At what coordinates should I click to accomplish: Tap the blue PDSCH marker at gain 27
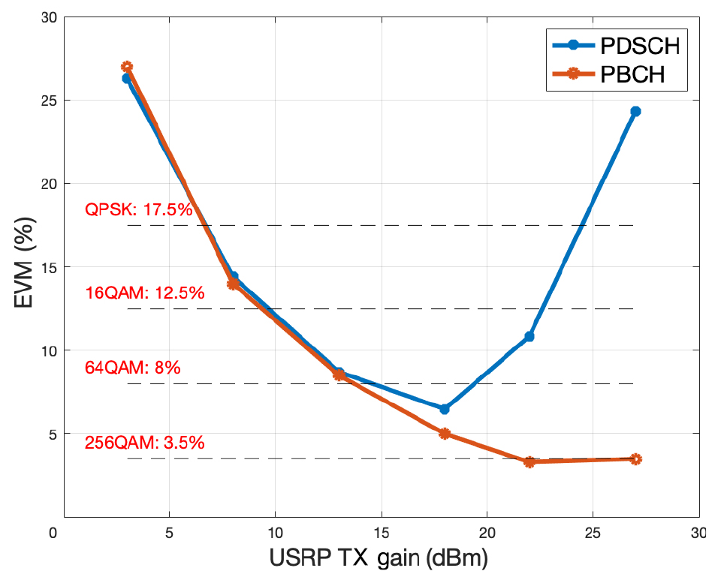(635, 111)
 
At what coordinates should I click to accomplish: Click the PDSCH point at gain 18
(445, 409)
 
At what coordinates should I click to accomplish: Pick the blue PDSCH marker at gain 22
(529, 337)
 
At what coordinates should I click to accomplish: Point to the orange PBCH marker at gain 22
(529, 462)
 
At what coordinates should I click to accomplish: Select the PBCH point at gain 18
(445, 434)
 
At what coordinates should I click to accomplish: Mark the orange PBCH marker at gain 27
(635, 459)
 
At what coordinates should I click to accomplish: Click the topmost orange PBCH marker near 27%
(127, 67)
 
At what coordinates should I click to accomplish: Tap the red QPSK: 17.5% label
(139, 210)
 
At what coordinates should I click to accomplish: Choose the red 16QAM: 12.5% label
(145, 293)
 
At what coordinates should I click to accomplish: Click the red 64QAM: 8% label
(133, 368)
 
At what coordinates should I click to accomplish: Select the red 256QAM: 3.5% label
(145, 443)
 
